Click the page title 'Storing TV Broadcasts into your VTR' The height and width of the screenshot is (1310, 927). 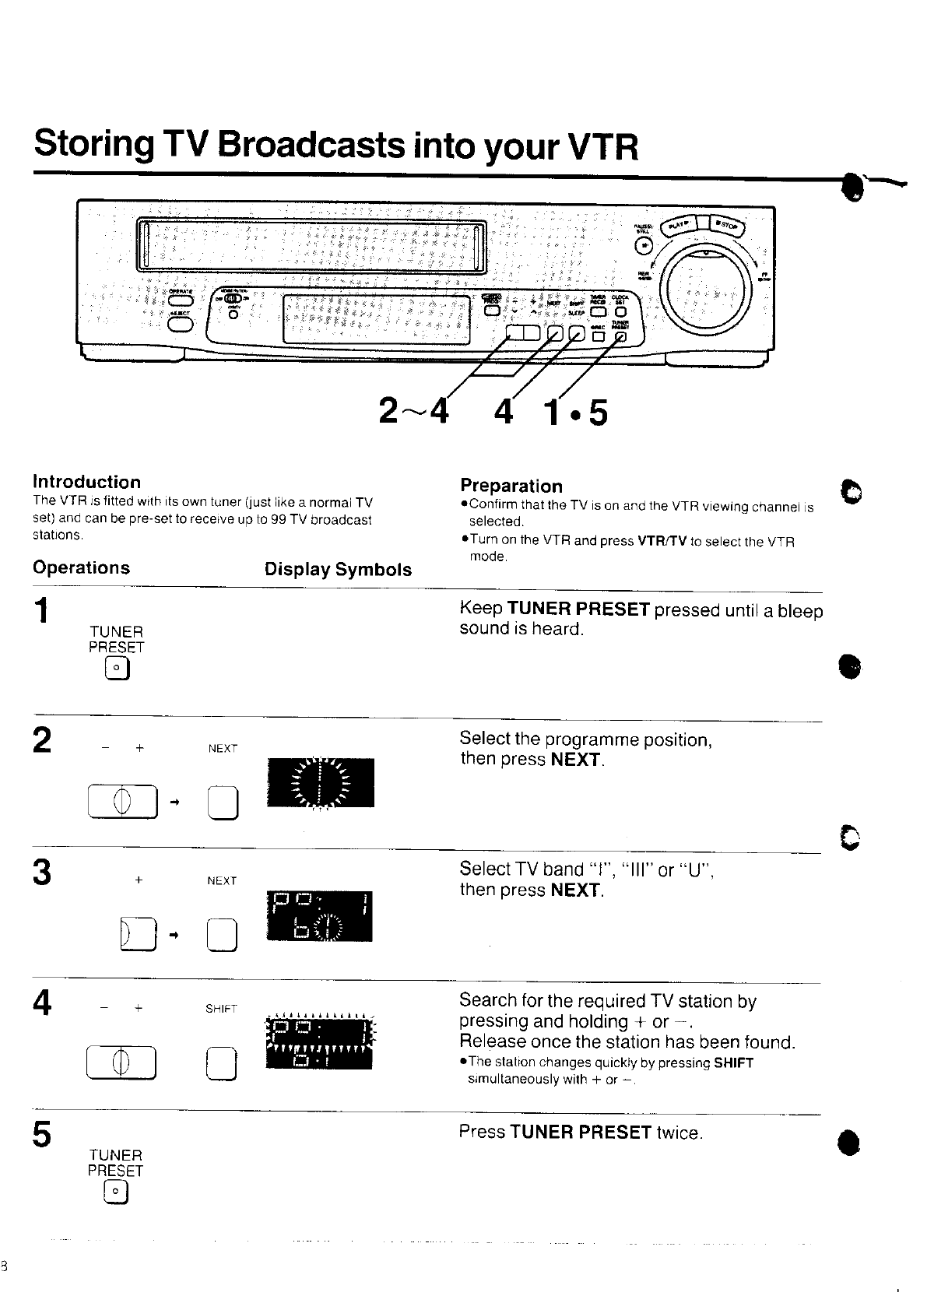335,146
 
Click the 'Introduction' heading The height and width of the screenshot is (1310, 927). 86,482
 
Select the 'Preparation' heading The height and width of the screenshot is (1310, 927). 511,486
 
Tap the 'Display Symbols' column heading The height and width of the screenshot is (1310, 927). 338,569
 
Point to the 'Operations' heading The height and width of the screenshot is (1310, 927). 81,567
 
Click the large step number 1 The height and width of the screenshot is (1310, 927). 43,610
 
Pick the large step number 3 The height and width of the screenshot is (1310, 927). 43,873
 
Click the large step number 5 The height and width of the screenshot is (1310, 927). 43,1134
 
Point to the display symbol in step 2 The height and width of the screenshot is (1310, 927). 320,781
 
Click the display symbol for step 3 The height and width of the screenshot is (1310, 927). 319,915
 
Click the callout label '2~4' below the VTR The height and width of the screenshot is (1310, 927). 414,412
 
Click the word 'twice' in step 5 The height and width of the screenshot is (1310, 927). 678,1133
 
